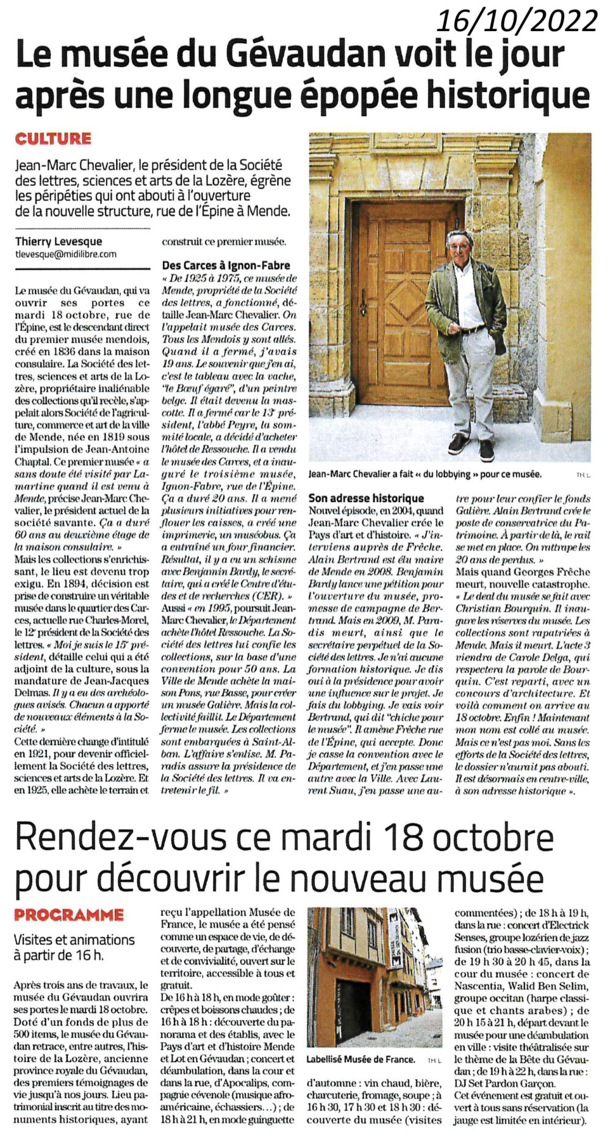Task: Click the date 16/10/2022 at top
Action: [x=517, y=22]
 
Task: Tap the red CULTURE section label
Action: [x=53, y=139]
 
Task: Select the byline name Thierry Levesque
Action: [x=59, y=241]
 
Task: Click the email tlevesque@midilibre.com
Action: [x=66, y=254]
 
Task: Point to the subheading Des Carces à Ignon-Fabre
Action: [x=226, y=265]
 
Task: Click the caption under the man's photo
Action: [x=425, y=474]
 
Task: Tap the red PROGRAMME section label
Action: [x=68, y=915]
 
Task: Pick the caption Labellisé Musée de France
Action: [x=361, y=1060]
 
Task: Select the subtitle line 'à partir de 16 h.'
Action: [x=59, y=955]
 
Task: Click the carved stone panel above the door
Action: [x=407, y=141]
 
